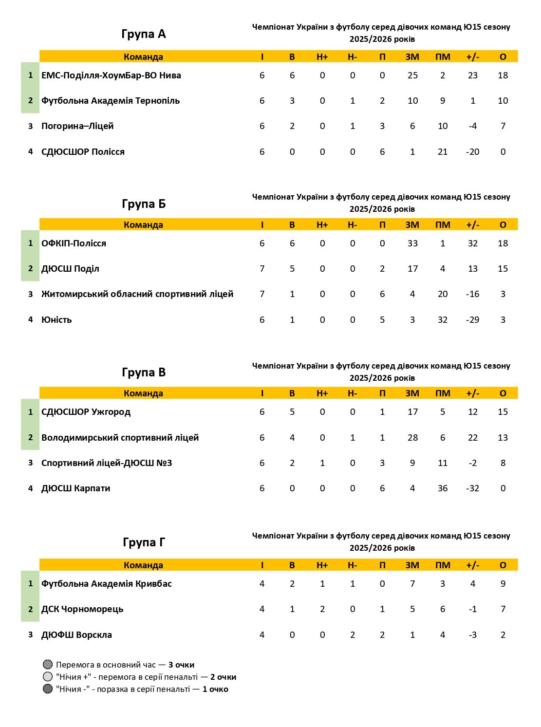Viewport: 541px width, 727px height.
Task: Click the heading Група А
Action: tap(144, 34)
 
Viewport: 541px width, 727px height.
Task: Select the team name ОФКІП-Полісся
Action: tap(74, 243)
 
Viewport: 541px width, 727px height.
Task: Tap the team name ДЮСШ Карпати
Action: tap(75, 488)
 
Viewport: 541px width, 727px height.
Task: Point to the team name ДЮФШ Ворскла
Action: tap(76, 635)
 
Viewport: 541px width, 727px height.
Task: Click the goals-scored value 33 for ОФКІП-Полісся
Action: tap(412, 243)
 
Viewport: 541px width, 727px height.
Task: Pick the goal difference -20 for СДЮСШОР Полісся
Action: tap(472, 152)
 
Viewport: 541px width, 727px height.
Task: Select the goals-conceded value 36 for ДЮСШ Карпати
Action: tap(442, 488)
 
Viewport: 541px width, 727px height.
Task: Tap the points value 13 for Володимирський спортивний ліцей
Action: tap(503, 438)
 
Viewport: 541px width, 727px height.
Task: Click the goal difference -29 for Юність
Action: tap(472, 320)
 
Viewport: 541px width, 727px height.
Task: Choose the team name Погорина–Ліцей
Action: tap(77, 126)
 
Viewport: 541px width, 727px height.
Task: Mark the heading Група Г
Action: tap(144, 542)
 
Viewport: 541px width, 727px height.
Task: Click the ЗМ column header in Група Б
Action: tap(412, 225)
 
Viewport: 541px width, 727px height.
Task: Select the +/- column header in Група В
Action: tap(472, 393)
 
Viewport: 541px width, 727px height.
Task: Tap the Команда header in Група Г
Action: tap(143, 565)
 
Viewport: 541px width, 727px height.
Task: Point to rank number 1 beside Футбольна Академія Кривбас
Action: tap(30, 583)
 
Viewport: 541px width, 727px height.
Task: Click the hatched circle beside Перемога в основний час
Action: tap(47, 665)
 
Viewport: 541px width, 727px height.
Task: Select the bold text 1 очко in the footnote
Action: tap(215, 689)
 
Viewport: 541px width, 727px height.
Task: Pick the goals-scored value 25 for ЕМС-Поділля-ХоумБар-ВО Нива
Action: tap(412, 75)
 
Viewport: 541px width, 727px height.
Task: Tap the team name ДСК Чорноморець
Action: tap(82, 609)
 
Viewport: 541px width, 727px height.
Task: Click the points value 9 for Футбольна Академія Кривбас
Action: tap(503, 584)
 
